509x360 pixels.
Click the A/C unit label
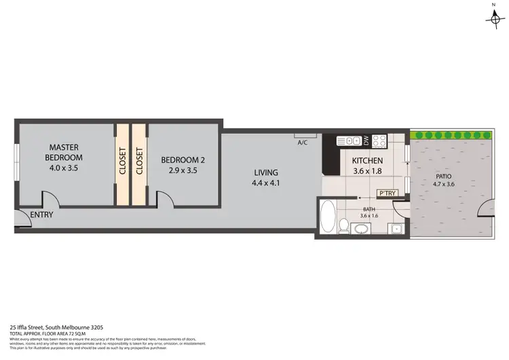click(303, 143)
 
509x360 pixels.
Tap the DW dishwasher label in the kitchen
click(366, 141)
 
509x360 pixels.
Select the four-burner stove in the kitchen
click(379, 141)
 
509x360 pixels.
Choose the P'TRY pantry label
click(387, 193)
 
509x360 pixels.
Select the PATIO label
click(445, 176)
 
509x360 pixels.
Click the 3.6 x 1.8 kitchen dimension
click(368, 171)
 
